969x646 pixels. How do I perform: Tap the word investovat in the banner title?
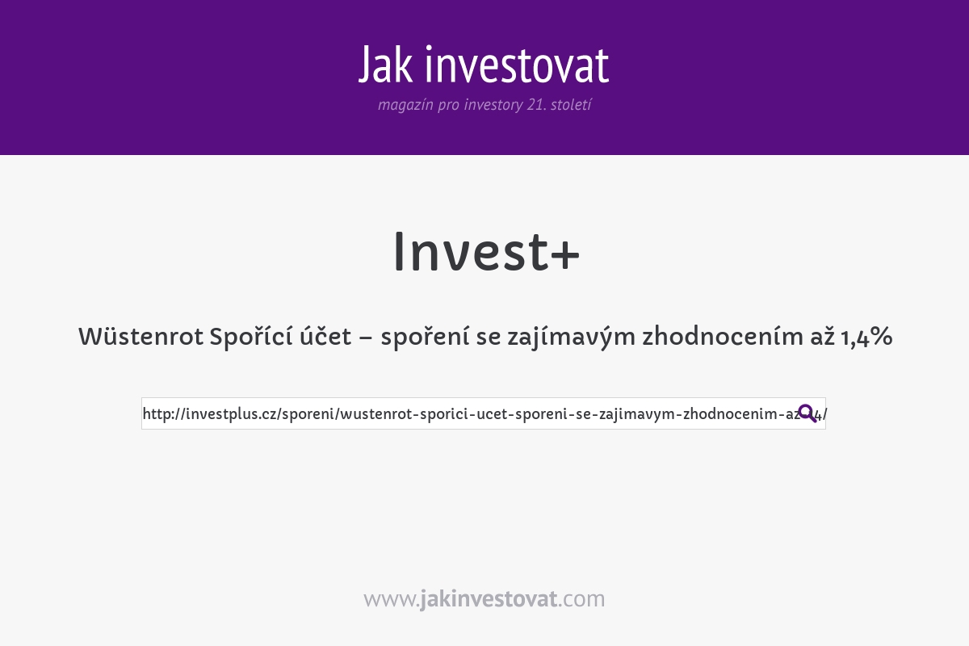point(517,65)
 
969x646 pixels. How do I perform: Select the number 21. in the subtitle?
point(535,105)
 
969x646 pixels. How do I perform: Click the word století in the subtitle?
point(571,105)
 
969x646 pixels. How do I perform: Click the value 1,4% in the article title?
point(866,337)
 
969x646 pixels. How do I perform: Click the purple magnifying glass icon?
point(807,413)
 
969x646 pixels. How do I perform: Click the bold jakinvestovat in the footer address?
point(489,599)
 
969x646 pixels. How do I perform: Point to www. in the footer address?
point(391,599)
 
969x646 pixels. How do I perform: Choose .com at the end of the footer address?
point(581,599)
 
